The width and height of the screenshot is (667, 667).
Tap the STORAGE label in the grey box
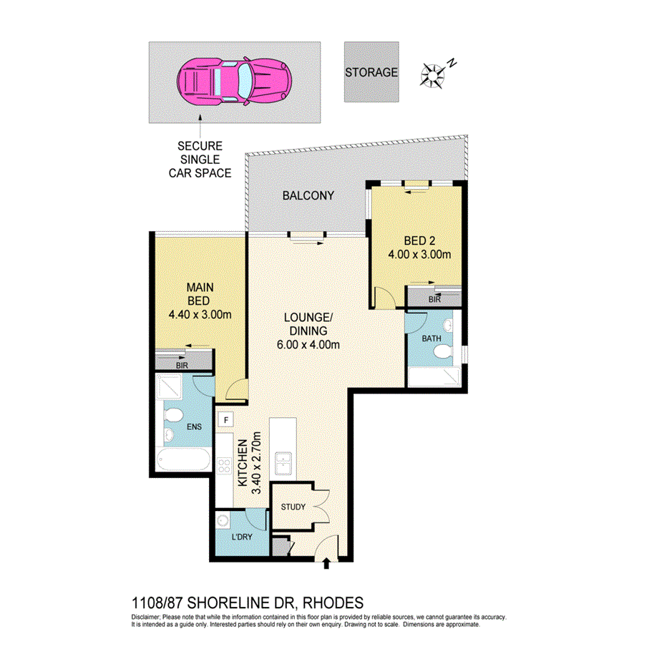click(x=371, y=72)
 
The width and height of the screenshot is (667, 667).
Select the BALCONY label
click(x=308, y=195)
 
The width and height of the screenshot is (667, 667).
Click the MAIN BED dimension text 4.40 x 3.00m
click(x=200, y=313)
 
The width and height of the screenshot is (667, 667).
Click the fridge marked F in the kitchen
click(x=227, y=419)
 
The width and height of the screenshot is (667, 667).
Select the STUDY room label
click(x=293, y=507)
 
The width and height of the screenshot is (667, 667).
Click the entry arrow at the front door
click(x=326, y=565)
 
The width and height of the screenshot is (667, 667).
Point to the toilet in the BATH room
click(x=444, y=351)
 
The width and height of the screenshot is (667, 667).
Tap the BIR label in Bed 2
click(x=434, y=299)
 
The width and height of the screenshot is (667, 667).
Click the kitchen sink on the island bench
click(x=283, y=462)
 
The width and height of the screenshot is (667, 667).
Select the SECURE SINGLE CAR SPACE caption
click(x=199, y=160)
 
